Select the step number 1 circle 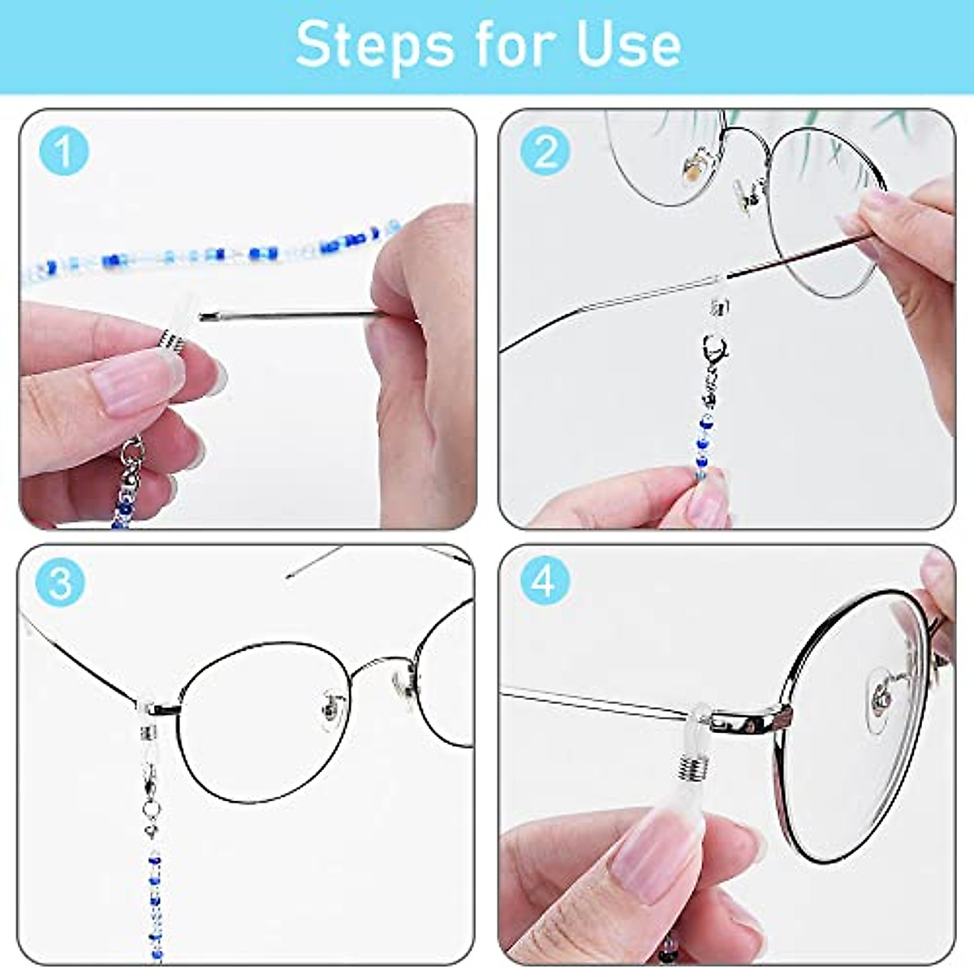(63, 150)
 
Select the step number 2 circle (545, 150)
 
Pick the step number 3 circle (60, 582)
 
